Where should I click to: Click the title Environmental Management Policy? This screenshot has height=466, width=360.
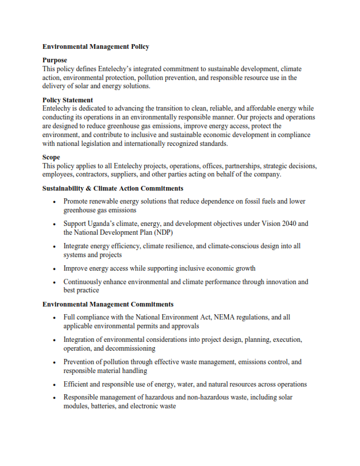pos(95,46)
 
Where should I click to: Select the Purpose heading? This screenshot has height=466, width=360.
pos(55,60)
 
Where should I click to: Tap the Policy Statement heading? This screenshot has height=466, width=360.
pos(68,100)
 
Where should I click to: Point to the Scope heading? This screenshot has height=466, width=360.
pos(51,157)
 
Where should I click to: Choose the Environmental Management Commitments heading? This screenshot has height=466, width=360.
pos(108,304)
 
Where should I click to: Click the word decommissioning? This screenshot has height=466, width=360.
pos(126,348)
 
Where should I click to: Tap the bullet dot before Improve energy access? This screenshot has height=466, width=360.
pos(54,269)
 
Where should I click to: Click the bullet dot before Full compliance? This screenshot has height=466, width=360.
pos(54,318)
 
